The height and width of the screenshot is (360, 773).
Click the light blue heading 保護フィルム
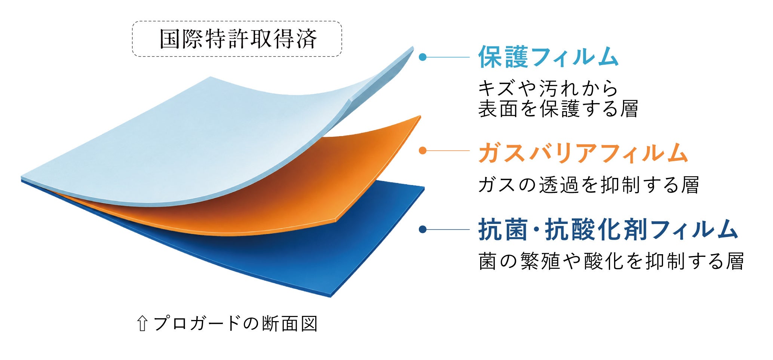coord(548,57)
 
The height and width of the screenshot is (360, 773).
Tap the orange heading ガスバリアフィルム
coord(583,153)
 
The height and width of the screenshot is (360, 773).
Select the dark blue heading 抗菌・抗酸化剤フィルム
coord(608,230)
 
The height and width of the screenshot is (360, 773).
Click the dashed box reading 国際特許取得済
coord(237,39)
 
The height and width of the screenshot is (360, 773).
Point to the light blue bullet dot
coord(423,57)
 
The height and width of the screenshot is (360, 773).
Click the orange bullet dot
coord(423,151)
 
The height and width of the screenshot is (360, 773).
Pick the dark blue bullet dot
coord(423,230)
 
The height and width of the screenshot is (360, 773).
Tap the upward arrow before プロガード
coord(142,324)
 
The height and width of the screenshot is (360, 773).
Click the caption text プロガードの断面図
coord(236,324)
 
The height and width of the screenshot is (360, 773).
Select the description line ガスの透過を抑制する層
coord(589,185)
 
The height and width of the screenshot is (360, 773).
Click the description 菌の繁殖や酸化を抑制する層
coord(611,261)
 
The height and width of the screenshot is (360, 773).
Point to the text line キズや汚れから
coord(548,89)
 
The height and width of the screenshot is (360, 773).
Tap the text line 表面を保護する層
coord(558,109)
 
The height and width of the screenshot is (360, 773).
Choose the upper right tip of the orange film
coord(420,116)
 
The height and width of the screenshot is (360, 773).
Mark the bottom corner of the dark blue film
coord(331,296)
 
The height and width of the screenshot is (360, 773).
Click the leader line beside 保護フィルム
coord(448,57)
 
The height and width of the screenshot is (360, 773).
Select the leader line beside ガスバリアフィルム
coord(448,151)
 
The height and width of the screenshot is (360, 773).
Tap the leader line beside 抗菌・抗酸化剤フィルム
coord(448,230)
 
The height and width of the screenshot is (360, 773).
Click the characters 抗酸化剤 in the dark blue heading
coord(596,230)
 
